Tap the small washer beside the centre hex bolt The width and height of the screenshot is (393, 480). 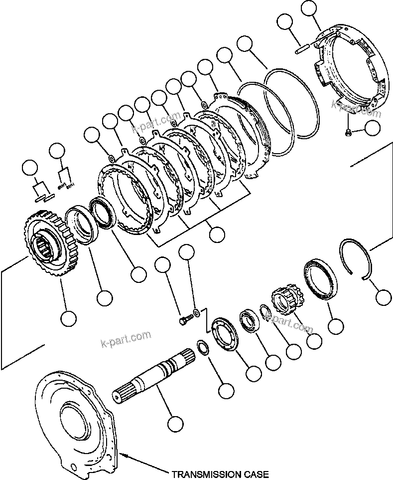pos(197,313)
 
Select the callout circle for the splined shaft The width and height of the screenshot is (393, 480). pos(174,424)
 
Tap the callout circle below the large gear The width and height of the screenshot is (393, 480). pos(68,317)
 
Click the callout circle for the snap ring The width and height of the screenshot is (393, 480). pos(383,298)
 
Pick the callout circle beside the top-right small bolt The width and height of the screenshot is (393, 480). pos(372,128)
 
